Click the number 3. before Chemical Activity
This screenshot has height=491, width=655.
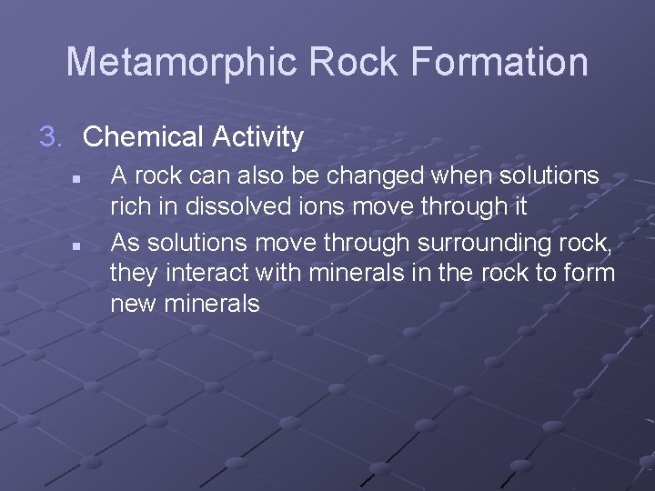[53, 137]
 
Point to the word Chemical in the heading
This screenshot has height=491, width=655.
[143, 137]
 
